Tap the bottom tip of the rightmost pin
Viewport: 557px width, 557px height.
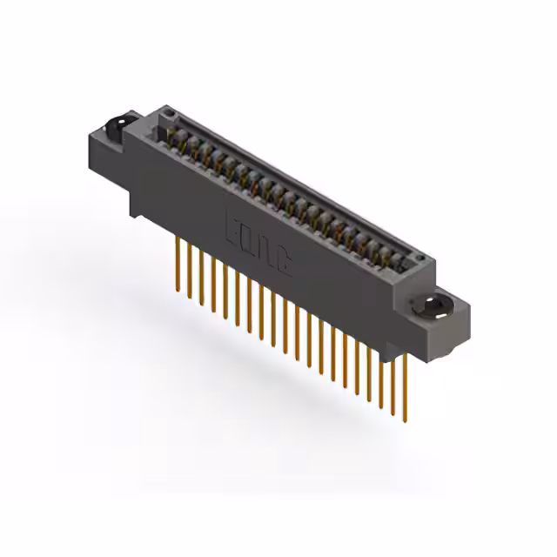coord(404,415)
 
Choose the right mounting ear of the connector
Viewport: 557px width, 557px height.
coord(440,313)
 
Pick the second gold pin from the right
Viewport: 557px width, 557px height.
coord(393,379)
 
